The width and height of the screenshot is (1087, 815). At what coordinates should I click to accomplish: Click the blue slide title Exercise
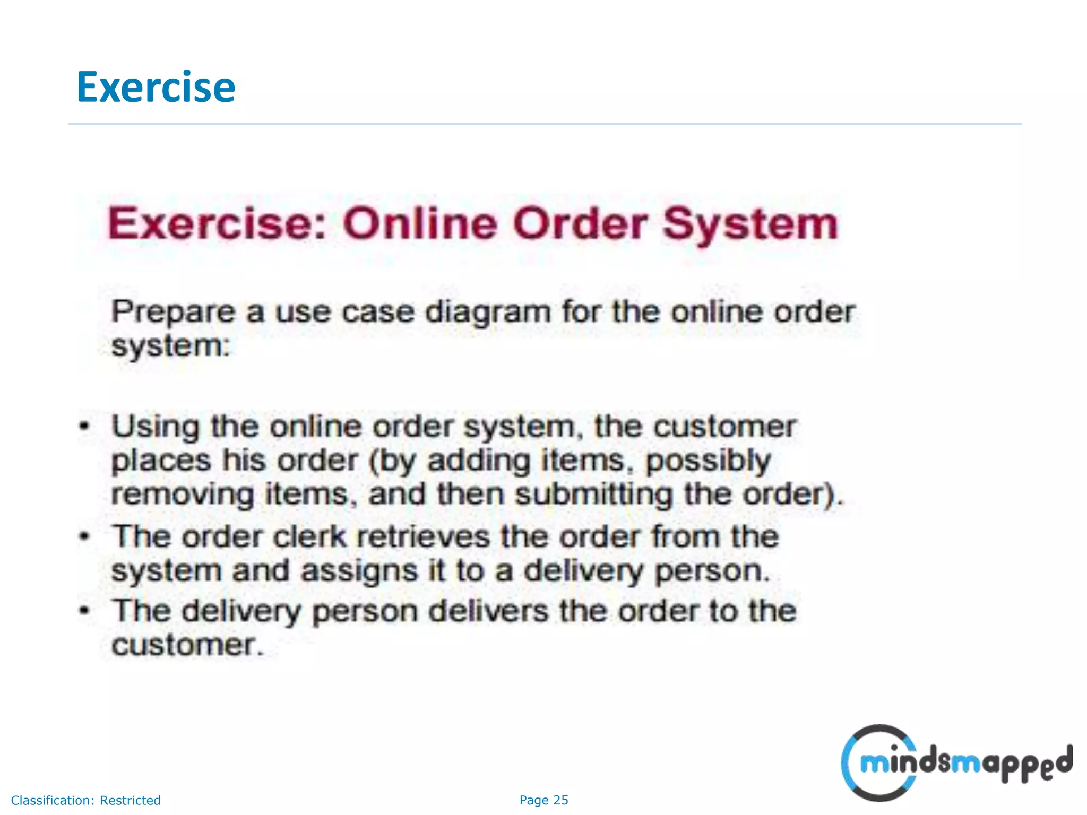(x=156, y=87)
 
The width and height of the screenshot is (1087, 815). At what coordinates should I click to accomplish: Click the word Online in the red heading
(x=420, y=223)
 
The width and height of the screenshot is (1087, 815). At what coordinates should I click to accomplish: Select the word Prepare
(x=172, y=313)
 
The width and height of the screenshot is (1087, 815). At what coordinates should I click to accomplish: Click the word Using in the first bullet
(x=156, y=428)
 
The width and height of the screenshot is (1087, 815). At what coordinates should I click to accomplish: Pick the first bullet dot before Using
(x=84, y=426)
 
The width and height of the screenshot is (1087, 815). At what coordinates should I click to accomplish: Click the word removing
(x=183, y=495)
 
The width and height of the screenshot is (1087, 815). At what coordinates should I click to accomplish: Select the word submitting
(x=594, y=495)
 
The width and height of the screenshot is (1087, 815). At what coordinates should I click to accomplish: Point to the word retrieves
(x=424, y=536)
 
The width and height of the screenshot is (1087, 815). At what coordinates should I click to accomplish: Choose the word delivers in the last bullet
(x=488, y=611)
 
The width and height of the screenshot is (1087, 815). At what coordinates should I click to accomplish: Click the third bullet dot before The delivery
(x=84, y=610)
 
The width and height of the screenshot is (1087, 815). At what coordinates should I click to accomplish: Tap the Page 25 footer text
(x=543, y=800)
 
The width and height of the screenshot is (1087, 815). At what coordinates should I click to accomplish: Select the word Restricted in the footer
(x=130, y=800)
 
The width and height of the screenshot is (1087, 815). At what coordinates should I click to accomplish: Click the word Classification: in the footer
(x=53, y=800)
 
